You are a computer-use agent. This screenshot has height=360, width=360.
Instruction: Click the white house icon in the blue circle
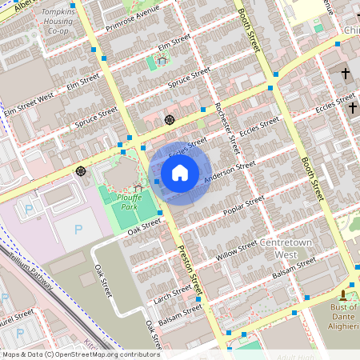coord(180,173)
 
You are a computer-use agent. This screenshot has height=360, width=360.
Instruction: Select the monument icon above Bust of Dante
coord(344,294)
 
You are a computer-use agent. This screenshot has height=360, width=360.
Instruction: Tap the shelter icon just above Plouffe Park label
coord(138,186)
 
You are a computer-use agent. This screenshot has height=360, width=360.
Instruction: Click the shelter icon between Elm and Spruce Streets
coord(162,59)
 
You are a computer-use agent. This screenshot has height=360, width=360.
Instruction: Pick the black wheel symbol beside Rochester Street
coord(170,120)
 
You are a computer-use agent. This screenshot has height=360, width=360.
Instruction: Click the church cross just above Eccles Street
coord(346,74)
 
